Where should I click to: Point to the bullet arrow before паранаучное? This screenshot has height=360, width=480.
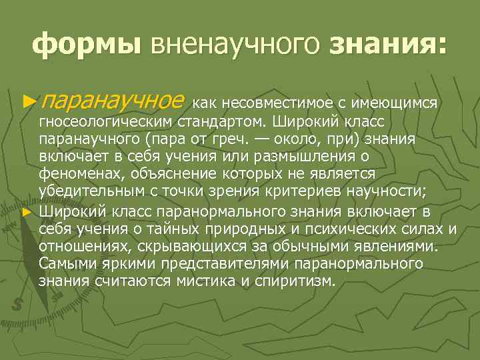pos(27,101)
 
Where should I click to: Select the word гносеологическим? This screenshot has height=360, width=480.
pos(107,123)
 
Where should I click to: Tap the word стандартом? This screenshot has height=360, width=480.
pos(224,123)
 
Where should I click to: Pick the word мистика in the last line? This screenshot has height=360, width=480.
pos(206,281)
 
